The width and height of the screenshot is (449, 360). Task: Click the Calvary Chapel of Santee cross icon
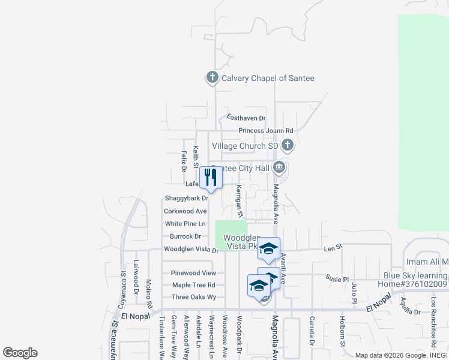coord(212,77)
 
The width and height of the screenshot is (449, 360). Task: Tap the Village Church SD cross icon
coord(288,145)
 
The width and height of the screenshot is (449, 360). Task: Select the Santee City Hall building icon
coord(279,167)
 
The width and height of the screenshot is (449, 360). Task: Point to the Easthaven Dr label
coord(246,118)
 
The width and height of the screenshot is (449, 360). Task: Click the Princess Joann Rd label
coord(265,131)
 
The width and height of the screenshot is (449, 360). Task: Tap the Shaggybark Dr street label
coord(185,198)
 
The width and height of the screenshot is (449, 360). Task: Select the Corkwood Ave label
coord(185,211)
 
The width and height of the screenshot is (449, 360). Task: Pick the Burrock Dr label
coord(185,236)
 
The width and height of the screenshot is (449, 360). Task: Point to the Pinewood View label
coord(189,273)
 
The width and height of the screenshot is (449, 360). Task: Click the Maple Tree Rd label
coord(193,285)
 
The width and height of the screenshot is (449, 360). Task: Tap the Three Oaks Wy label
coord(193,297)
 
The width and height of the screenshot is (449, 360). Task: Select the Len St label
coord(333,247)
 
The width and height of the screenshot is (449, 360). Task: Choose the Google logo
coord(20,353)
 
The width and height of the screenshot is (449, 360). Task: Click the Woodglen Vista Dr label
coord(191,250)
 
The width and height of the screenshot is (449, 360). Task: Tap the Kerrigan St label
coord(239,200)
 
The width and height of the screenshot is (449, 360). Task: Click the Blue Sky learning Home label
coord(416,280)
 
